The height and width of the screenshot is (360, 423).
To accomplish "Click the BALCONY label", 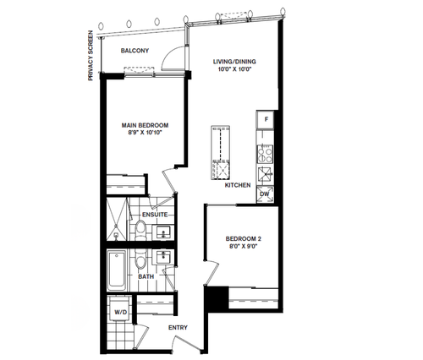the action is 135,51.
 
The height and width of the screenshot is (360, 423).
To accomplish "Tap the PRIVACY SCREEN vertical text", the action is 91,56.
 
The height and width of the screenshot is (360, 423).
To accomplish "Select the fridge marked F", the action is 265,119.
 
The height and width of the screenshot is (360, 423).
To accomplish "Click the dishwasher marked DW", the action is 265,194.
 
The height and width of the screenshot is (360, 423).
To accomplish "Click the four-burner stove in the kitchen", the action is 265,155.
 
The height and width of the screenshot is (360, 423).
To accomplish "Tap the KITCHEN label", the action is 238,185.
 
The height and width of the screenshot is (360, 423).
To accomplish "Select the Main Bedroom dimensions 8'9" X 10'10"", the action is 146,133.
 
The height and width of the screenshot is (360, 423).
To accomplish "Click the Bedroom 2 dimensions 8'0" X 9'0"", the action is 244,246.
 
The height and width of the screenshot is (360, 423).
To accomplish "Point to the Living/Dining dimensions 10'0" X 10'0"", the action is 234,69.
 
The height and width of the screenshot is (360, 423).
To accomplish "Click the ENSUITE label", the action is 155,215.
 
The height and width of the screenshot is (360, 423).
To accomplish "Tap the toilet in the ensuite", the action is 140,230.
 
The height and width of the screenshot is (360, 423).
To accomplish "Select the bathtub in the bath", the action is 117,271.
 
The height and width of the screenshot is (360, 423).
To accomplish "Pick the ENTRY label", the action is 178,328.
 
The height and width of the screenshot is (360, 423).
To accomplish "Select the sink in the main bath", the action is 163,257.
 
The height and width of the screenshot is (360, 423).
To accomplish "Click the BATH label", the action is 146,276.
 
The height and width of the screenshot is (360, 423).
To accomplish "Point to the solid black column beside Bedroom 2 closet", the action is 217,298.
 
